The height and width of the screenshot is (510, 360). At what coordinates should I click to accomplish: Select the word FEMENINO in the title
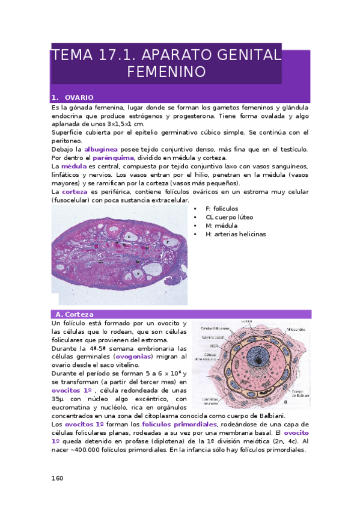point(166,72)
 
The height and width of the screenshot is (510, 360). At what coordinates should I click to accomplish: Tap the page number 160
point(57,478)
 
